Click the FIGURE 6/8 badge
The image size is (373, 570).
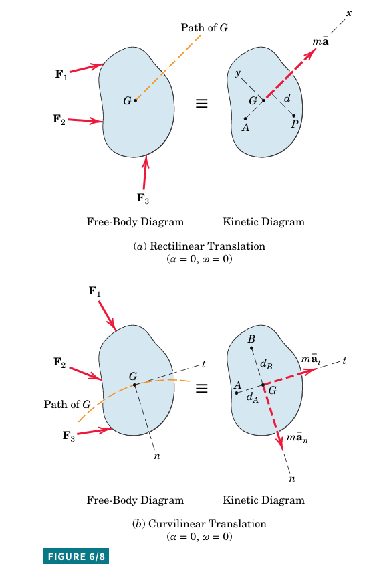coord(76,556)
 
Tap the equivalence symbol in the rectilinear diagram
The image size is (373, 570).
coord(202,104)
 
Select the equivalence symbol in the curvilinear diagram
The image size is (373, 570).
coord(202,389)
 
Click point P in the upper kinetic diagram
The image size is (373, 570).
coord(294,116)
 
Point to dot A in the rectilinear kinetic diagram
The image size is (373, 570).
coord(245,118)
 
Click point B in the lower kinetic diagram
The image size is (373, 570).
coord(251,349)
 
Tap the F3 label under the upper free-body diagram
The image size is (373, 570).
coord(143,199)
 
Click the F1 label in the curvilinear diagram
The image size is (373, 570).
coord(95,292)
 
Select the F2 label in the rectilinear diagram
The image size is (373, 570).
coord(59,119)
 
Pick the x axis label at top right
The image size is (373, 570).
coord(349,13)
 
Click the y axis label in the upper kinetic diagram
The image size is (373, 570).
coord(237,74)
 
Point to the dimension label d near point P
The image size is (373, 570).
coord(287,98)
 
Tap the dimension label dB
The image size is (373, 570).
coord(266,364)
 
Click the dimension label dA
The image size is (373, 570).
coord(253,397)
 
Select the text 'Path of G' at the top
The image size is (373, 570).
coord(205,27)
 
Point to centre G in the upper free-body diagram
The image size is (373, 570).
coord(136,100)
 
